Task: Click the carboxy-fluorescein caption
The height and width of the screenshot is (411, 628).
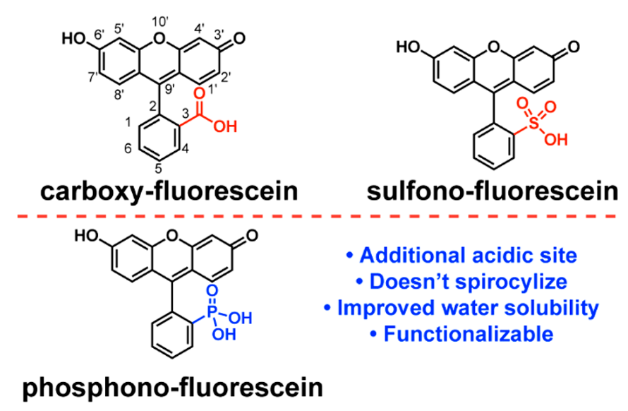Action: (x=159, y=189)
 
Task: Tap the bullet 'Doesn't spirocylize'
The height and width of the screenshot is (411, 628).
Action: (x=461, y=282)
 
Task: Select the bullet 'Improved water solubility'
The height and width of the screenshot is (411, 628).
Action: (x=461, y=308)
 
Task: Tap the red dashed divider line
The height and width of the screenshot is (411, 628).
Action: (x=314, y=213)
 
